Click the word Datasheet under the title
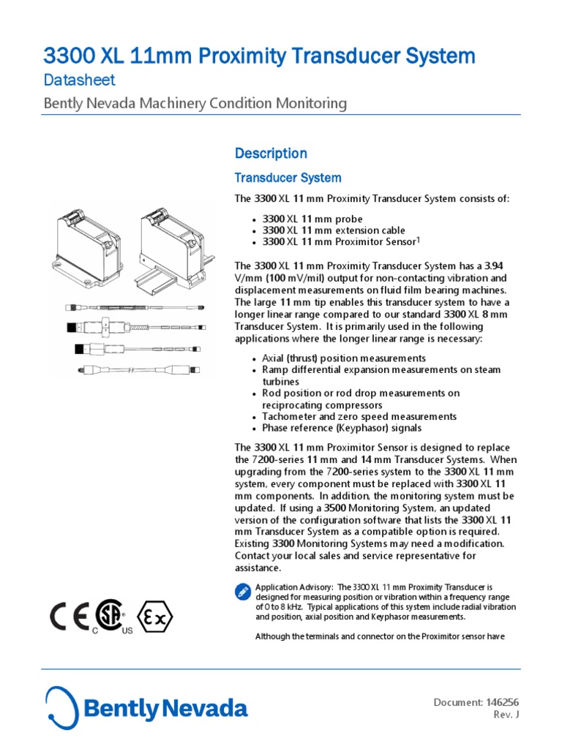[x=79, y=80]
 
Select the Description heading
[x=270, y=153]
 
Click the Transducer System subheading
[x=287, y=178]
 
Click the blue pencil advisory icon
[x=242, y=592]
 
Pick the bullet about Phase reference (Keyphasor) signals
[x=341, y=428]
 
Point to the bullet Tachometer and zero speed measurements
[x=359, y=416]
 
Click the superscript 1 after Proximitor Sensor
[x=418, y=239]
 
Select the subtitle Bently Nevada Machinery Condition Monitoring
[x=195, y=103]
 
